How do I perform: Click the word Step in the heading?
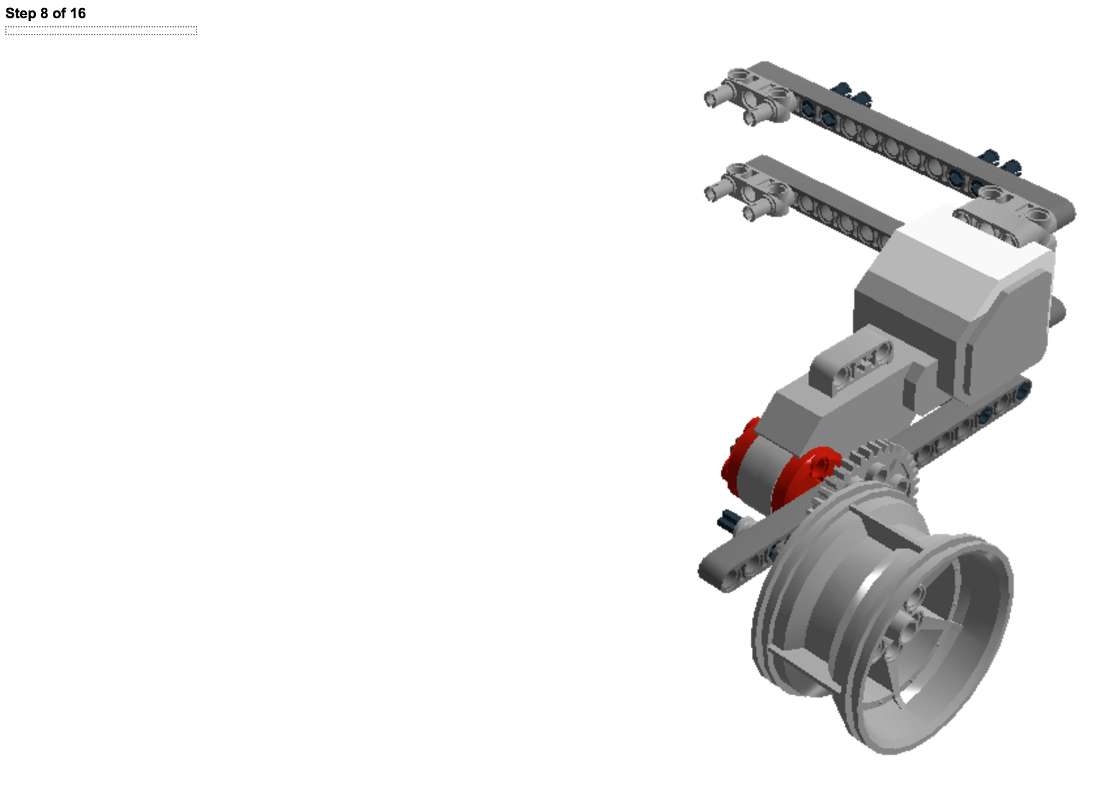click(21, 14)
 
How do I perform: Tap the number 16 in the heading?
click(78, 14)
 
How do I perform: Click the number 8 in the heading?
click(44, 14)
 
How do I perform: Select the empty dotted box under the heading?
click(101, 31)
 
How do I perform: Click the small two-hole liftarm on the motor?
click(850, 365)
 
